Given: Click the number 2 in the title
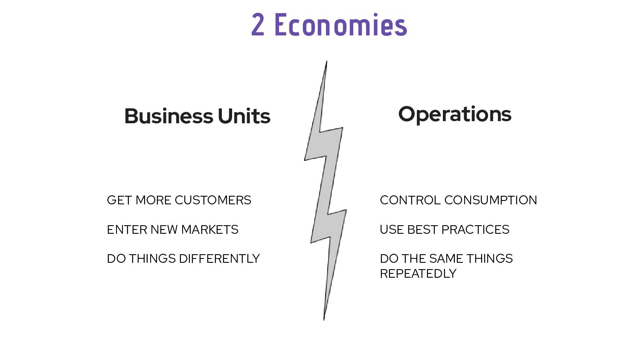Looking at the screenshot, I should click(258, 25).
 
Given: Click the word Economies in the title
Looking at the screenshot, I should click(340, 25).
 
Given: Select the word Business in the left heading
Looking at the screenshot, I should click(169, 116).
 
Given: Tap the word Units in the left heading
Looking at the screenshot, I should click(244, 116).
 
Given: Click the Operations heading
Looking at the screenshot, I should click(454, 114).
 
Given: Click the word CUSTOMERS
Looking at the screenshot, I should click(213, 200).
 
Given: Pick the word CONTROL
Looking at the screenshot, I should click(410, 200).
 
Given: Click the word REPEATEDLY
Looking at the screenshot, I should click(418, 273).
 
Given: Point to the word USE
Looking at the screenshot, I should click(391, 229).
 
